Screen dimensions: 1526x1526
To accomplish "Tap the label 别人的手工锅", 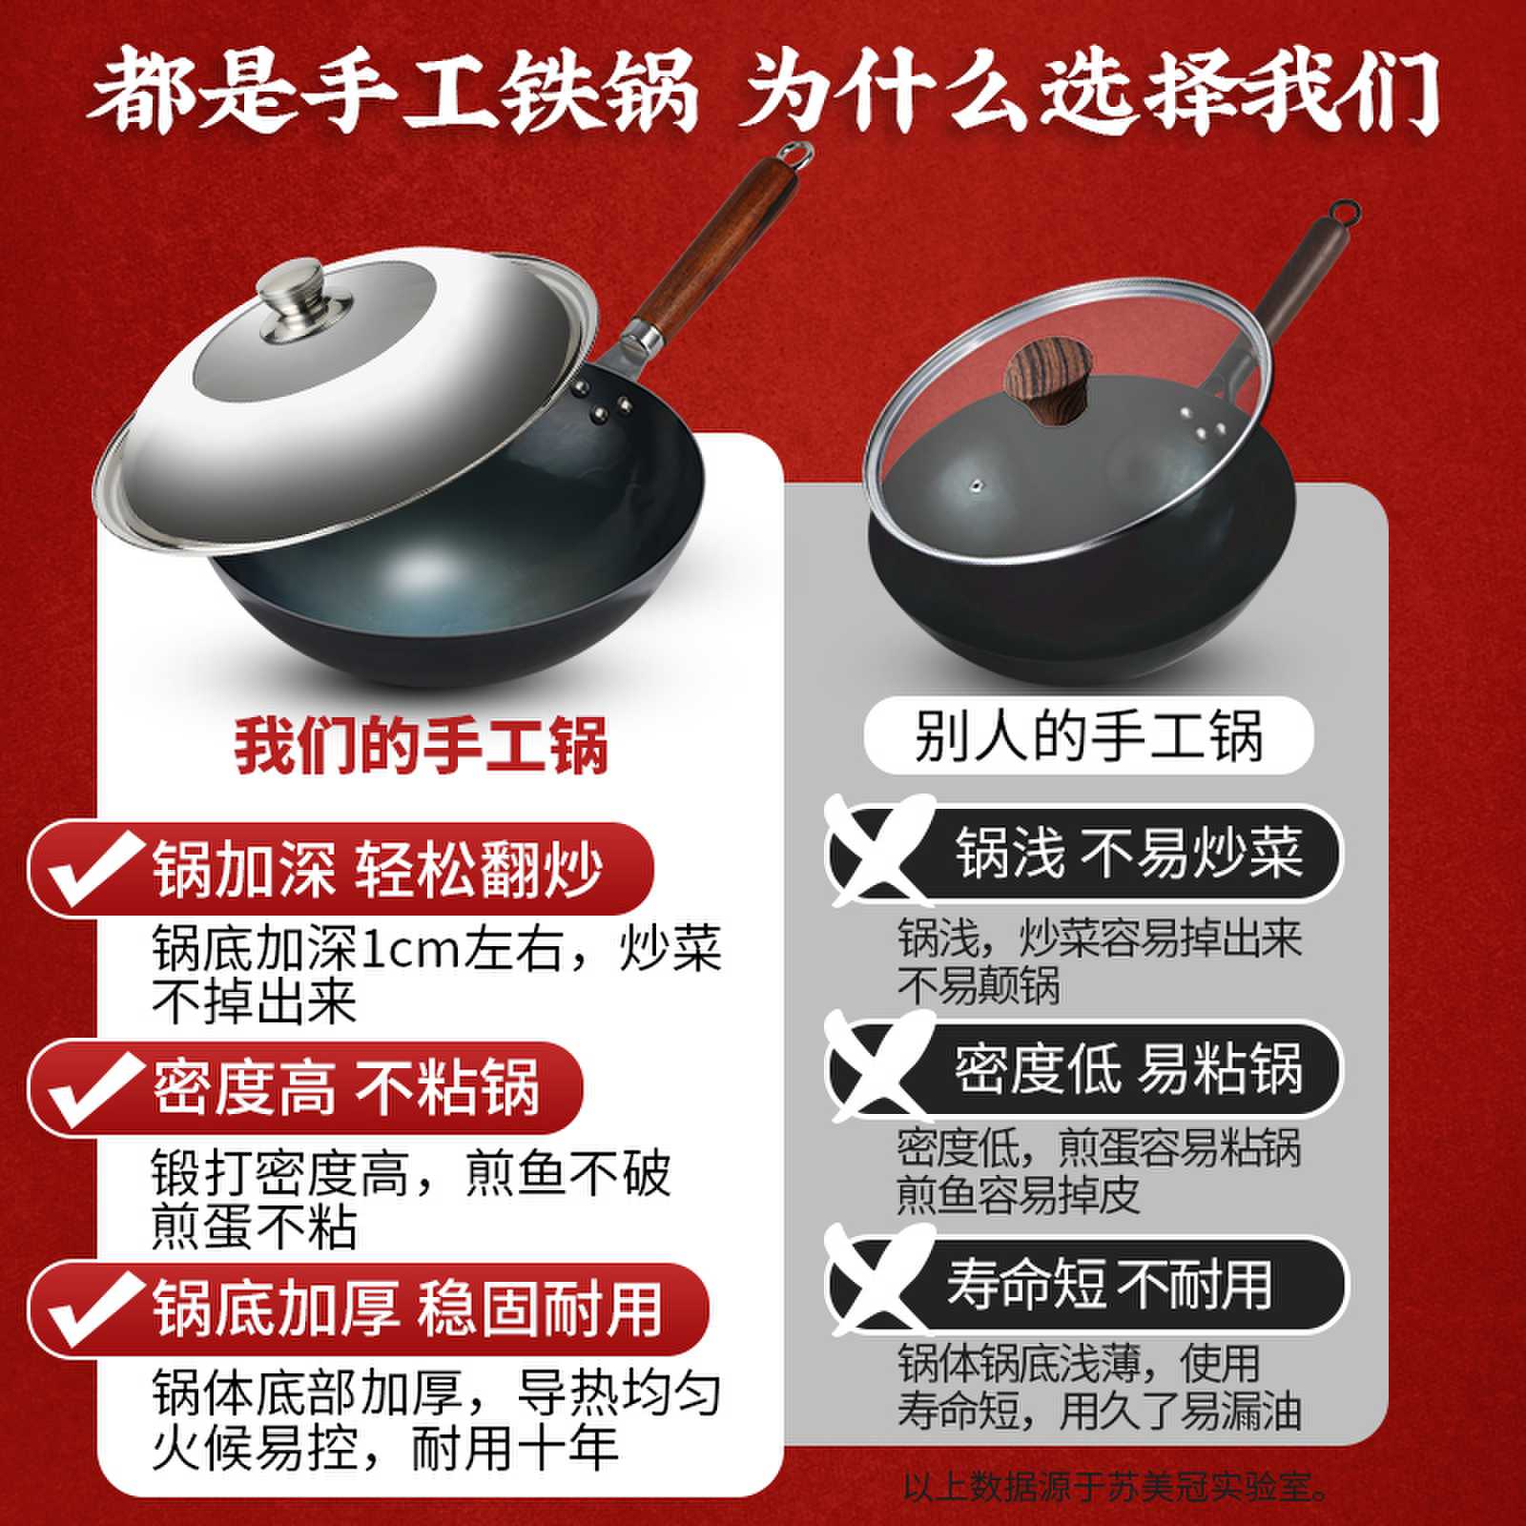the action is pos(1088,735).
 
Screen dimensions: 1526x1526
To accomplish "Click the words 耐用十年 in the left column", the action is pos(515,1448).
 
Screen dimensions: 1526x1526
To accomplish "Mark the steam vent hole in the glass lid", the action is pos(976,485).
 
